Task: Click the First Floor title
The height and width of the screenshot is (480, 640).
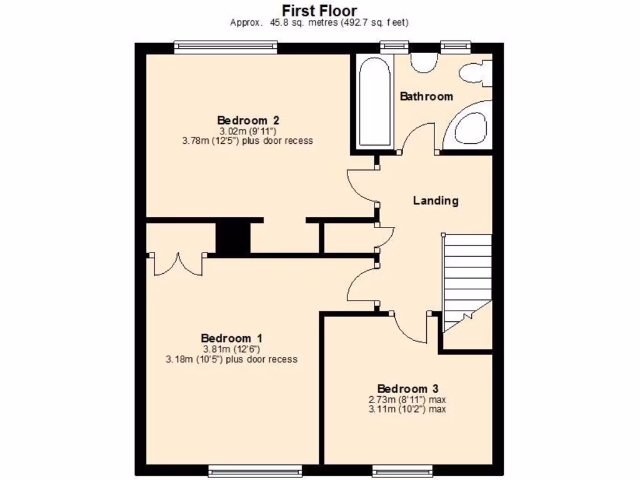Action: click(x=319, y=11)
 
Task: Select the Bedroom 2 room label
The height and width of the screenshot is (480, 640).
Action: click(x=247, y=120)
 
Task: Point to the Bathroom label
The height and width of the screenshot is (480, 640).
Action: click(x=426, y=96)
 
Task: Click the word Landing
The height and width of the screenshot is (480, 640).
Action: click(x=436, y=201)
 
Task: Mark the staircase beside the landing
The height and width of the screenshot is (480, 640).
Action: click(x=467, y=281)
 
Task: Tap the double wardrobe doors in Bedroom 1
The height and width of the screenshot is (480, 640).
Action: click(x=178, y=262)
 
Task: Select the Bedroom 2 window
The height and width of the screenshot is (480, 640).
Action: click(x=226, y=45)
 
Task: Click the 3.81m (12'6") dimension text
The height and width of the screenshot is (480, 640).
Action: click(x=231, y=349)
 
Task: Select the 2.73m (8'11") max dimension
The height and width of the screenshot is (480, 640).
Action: click(x=407, y=400)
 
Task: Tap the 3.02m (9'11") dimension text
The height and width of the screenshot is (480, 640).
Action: click(x=247, y=131)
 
